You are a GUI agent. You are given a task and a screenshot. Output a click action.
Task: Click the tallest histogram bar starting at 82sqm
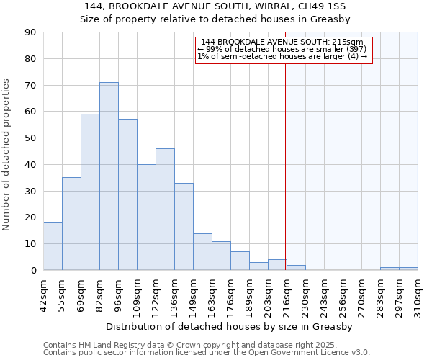109,176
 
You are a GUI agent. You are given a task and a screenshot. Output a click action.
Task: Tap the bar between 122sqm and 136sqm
165,210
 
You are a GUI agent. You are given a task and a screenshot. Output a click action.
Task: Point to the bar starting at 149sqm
202,252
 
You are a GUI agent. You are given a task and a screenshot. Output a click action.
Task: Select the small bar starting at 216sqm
296,268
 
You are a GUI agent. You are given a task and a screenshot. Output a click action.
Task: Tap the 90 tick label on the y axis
30,32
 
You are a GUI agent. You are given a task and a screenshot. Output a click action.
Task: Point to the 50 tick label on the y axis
30,138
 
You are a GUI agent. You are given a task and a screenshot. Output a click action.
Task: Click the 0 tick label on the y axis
33,270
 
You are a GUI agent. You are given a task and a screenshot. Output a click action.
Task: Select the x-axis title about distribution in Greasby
230,327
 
